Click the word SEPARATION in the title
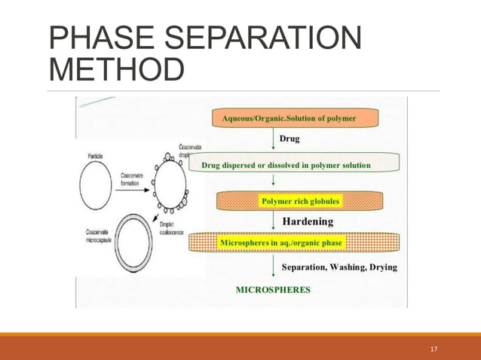tap(256, 39)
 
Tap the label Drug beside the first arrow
tap(290, 139)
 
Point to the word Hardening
tap(309, 222)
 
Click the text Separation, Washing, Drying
tap(339, 267)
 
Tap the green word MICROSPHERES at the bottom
tap(274, 289)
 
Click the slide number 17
tap(434, 349)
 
